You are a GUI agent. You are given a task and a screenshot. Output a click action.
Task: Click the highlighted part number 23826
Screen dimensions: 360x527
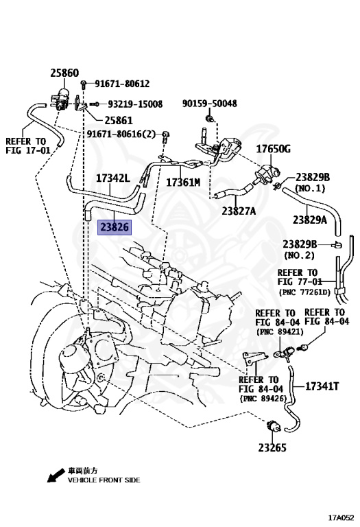115,227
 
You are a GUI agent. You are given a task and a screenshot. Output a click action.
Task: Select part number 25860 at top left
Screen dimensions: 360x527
64,73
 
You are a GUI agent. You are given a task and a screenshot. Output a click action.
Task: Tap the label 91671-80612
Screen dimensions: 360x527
122,84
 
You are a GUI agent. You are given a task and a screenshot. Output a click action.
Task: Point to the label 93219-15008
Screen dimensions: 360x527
135,104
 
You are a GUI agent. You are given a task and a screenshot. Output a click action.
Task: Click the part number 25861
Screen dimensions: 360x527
119,120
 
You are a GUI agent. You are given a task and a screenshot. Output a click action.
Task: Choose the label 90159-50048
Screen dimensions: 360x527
210,103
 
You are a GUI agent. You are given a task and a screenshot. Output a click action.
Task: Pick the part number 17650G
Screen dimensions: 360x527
274,148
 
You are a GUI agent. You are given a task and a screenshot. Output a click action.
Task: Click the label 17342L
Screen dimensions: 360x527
113,178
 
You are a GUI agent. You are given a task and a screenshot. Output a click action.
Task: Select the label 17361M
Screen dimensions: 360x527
183,182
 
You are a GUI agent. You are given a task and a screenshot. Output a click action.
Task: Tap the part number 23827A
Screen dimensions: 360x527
239,211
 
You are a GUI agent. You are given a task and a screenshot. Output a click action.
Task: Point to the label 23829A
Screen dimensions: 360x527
310,220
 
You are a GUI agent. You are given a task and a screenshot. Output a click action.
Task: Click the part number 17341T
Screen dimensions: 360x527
322,386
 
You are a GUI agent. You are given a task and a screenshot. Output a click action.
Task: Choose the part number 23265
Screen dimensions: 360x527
272,447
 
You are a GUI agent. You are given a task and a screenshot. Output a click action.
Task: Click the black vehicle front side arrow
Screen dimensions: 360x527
56,476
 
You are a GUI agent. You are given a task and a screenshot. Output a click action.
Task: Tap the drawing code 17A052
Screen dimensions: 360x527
341,517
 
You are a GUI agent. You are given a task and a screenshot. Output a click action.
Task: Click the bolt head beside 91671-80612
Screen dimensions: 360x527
84,84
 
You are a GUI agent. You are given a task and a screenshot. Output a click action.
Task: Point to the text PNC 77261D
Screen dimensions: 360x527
304,292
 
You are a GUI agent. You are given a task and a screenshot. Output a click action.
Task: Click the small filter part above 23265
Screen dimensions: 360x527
273,425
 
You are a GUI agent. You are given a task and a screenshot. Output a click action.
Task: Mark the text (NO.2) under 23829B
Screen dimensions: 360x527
299,255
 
